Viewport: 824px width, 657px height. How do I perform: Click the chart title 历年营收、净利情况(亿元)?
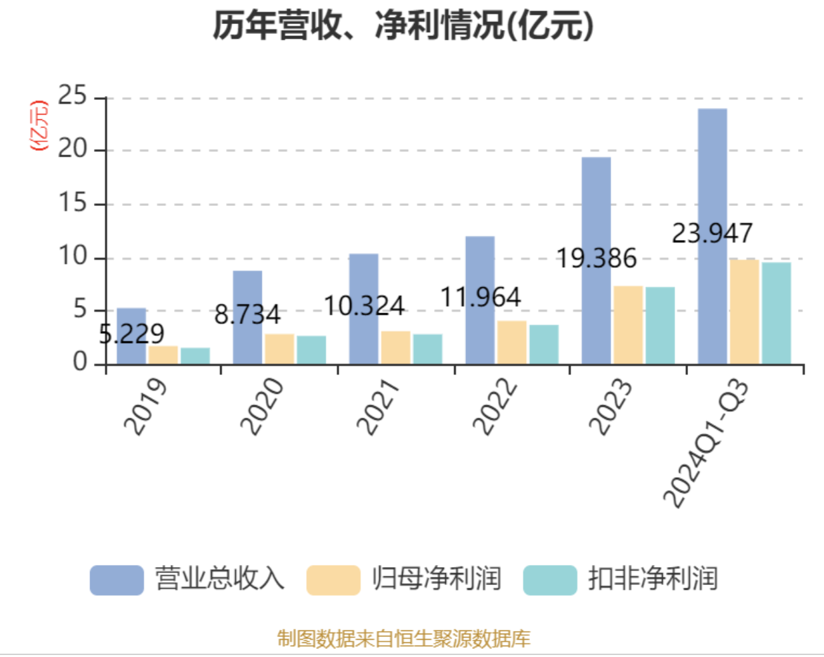403,27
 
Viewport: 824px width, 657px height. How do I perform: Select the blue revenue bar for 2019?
131,336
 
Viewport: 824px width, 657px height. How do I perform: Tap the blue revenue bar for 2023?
595,261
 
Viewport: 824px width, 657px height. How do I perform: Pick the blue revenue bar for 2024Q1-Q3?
712,236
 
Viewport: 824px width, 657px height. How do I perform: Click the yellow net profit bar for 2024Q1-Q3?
744,312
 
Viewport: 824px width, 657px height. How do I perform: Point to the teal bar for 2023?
659,326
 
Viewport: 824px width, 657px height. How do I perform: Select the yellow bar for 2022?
511,342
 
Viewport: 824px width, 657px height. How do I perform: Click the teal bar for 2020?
311,350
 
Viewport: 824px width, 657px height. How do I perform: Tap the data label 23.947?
712,233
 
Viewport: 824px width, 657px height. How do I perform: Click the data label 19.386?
597,259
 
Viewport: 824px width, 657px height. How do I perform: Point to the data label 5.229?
132,334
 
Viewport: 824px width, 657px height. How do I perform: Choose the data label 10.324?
364,307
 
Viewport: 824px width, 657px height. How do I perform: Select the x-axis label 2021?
377,406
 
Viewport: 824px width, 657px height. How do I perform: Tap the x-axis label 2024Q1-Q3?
706,443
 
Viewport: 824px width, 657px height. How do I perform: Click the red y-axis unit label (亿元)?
39,125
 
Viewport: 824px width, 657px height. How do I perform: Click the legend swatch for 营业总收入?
117,580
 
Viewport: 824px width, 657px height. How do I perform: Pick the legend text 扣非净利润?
653,579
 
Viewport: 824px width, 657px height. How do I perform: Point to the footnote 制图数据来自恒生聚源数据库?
403,638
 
